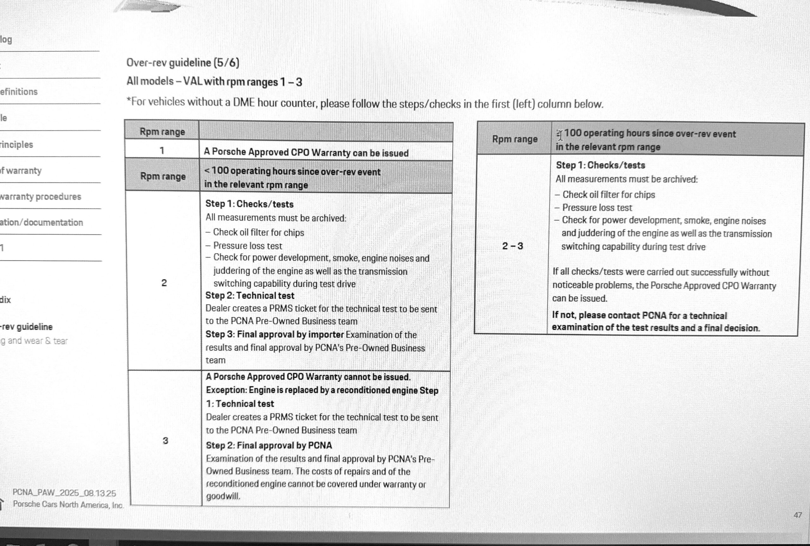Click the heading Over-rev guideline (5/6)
pos(183,63)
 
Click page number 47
pos(797,515)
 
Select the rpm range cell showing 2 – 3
pos(512,246)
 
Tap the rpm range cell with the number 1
pos(162,150)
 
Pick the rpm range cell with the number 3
pos(165,441)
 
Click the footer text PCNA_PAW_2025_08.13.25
pos(64,493)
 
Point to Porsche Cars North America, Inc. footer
pos(68,505)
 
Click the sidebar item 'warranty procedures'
pos(40,197)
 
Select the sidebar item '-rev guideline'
pos(27,327)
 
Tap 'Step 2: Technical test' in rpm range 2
pos(250,296)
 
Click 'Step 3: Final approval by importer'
pos(274,334)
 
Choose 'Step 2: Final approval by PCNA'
pos(269,445)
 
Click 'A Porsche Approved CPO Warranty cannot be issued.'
pos(308,377)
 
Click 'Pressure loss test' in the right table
pos(597,208)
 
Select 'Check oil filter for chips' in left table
pos(258,232)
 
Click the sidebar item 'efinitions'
pos(19,92)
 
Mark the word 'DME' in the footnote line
pos(244,103)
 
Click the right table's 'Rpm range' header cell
pos(514,139)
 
